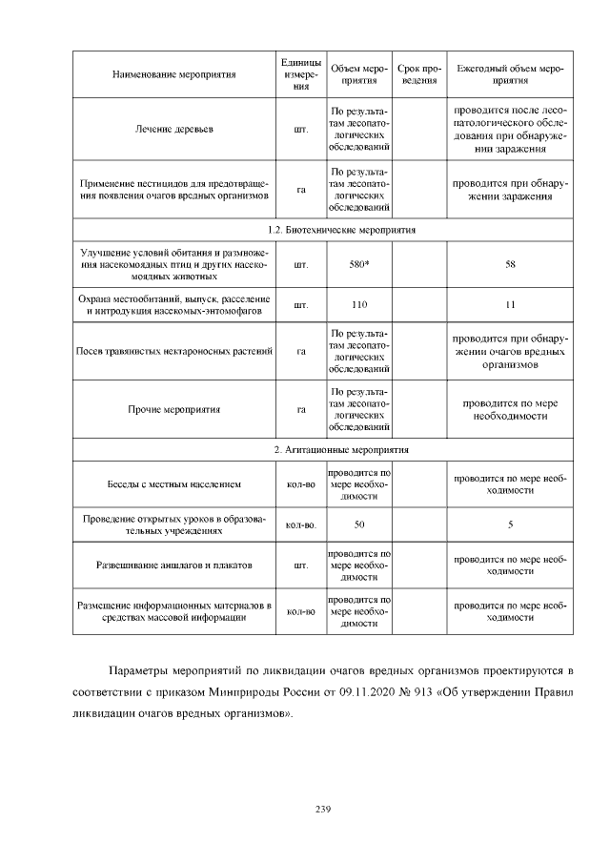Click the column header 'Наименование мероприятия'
pos(173,72)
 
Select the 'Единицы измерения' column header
pos(301,72)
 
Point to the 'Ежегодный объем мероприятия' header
pos(510,72)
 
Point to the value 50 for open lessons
pos(359,524)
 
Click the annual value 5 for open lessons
pos(510,524)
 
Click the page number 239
pos(322,810)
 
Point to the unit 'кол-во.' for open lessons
pos(301,524)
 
